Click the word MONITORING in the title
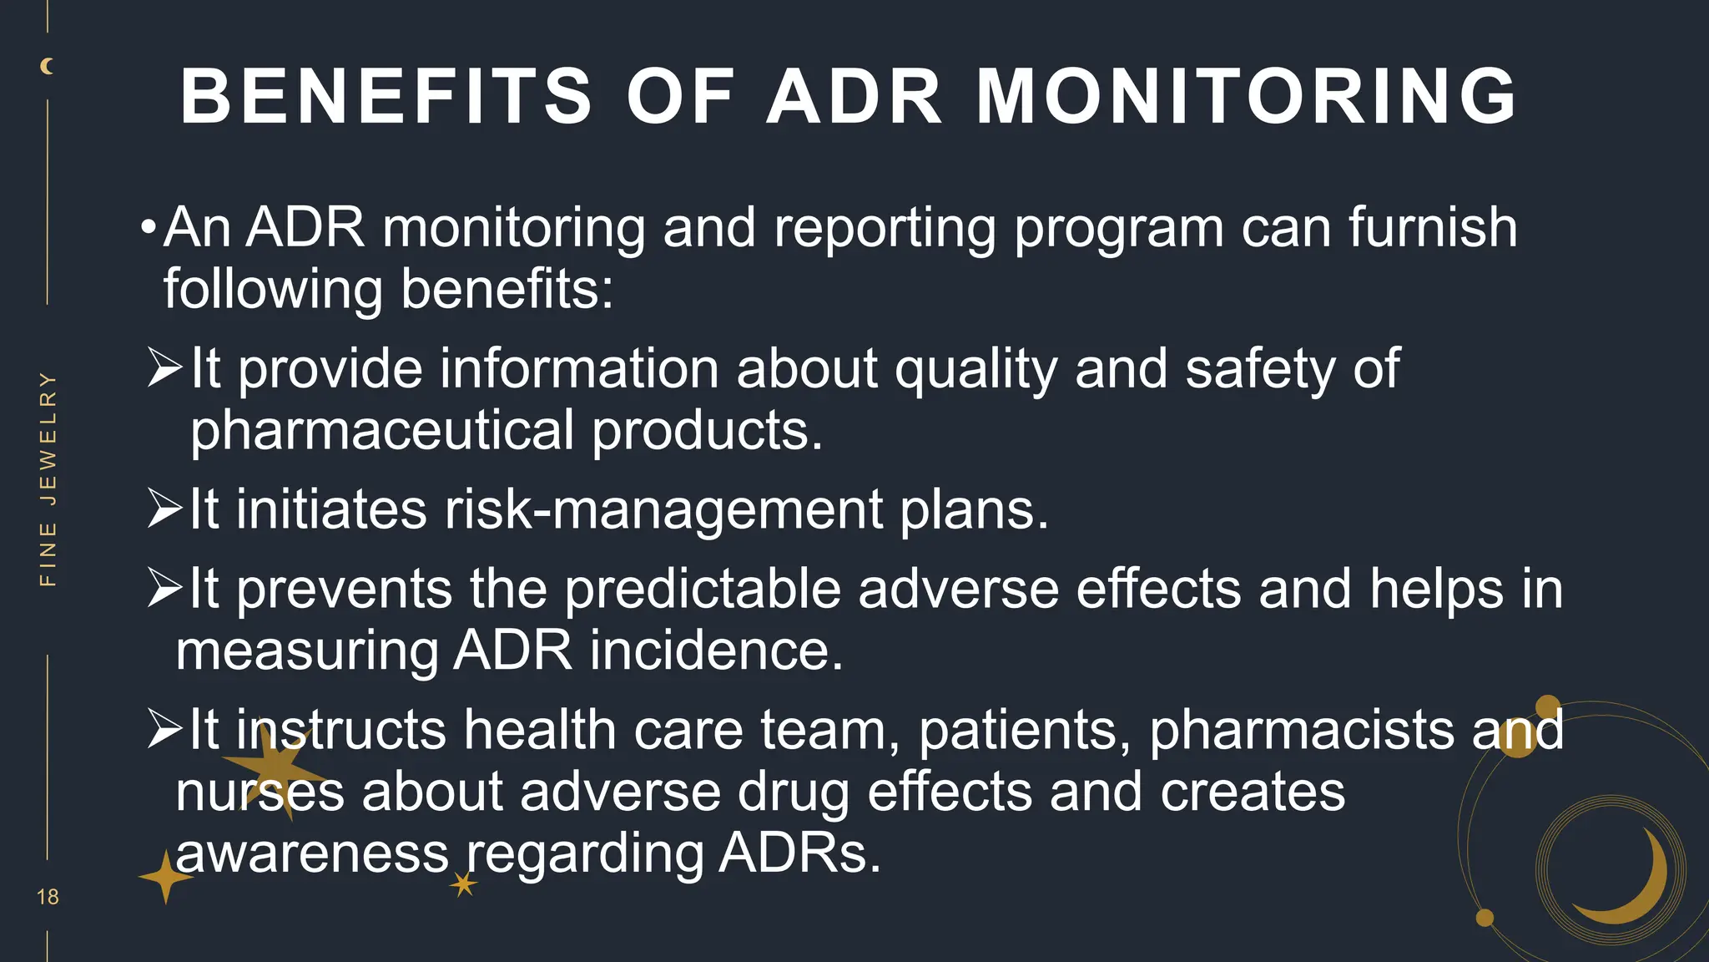[1247, 97]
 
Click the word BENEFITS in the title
[386, 97]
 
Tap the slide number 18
[48, 897]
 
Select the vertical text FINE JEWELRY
[48, 478]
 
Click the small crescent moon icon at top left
[48, 66]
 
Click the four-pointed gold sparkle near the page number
[165, 878]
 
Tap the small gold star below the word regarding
[464, 884]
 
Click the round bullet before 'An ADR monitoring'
[149, 227]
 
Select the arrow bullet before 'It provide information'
[165, 368]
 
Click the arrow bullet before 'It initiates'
[165, 509]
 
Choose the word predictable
[703, 589]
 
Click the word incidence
[717, 651]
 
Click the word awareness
[312, 853]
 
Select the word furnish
[1432, 227]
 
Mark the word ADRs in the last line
[799, 853]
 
